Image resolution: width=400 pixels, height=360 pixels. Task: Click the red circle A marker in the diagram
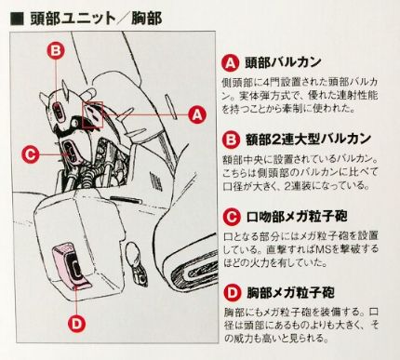click(x=197, y=114)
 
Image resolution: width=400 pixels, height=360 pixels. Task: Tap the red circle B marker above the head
click(x=56, y=50)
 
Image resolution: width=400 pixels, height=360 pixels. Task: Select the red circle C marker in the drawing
click(x=31, y=153)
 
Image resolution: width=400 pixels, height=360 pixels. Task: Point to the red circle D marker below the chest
click(x=76, y=324)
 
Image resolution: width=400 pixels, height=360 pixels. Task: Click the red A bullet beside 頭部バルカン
click(x=231, y=63)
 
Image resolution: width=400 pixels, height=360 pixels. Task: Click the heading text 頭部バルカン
click(x=283, y=62)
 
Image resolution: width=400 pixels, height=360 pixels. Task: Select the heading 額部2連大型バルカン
click(x=309, y=140)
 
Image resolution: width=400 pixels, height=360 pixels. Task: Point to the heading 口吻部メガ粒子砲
click(x=297, y=216)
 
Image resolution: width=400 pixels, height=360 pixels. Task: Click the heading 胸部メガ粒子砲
click(x=290, y=293)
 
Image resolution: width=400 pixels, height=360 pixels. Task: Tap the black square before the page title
click(x=17, y=19)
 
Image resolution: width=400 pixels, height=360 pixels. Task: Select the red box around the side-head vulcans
click(x=92, y=114)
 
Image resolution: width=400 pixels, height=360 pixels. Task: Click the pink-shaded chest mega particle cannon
click(x=69, y=265)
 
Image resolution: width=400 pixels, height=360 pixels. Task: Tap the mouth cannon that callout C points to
click(x=71, y=153)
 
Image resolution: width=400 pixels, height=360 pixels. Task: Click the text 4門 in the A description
click(x=271, y=82)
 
